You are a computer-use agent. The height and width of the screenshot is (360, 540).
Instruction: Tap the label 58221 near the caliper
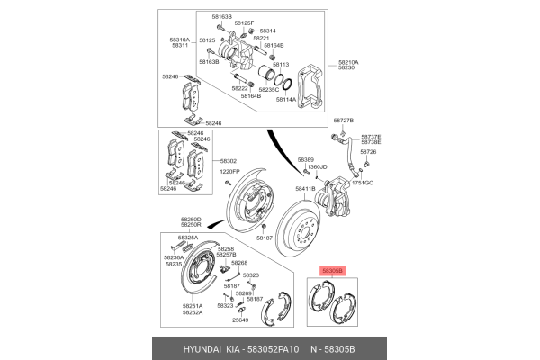tap(261, 39)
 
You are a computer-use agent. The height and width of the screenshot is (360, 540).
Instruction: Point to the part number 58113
tap(281, 65)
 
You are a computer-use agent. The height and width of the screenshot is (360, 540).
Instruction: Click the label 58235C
tap(269, 90)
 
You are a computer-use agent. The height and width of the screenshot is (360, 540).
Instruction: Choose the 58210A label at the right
tap(348, 62)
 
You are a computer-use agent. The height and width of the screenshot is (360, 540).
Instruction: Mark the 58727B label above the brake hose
tap(344, 120)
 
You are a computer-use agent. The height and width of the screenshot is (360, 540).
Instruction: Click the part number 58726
tap(369, 152)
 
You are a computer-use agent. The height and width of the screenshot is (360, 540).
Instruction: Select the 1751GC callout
tap(362, 182)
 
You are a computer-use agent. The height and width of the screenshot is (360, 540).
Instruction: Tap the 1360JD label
tap(317, 166)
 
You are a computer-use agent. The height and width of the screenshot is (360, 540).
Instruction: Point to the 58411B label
tap(306, 189)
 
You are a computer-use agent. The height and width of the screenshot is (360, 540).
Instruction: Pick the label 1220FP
tap(230, 171)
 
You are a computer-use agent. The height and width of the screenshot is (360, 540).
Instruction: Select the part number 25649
tap(240, 320)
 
